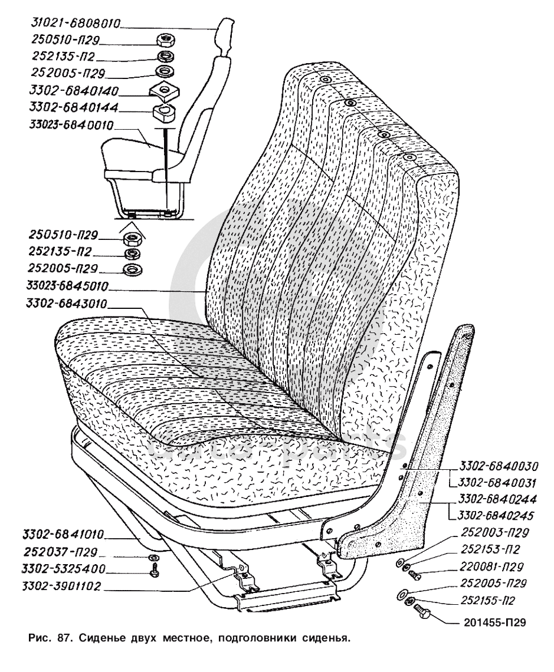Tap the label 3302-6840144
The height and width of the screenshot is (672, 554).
[x=73, y=108]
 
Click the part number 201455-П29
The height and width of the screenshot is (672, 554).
[x=492, y=621]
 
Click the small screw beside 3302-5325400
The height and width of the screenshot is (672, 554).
[x=154, y=572]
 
